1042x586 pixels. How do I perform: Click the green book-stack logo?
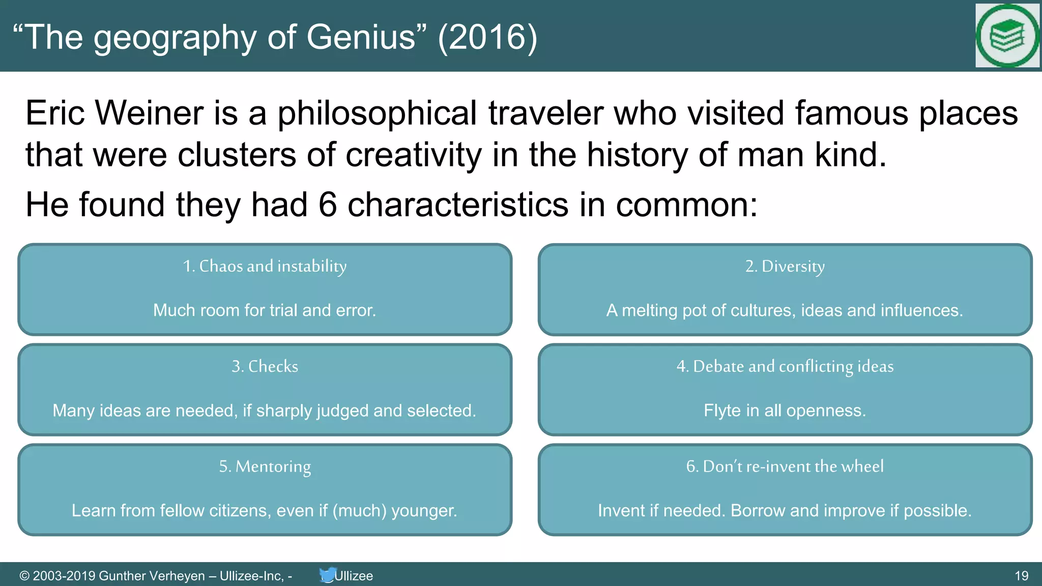pos(1006,36)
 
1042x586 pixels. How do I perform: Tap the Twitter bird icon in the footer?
pos(327,575)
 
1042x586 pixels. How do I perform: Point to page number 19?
pos(1021,576)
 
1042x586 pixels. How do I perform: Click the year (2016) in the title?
pos(487,37)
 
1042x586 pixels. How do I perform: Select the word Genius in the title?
pos(361,37)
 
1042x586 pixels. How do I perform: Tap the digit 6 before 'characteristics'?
pos(328,204)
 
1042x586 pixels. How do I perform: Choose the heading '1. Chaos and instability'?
pos(265,266)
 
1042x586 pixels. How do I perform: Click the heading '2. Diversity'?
pos(785,266)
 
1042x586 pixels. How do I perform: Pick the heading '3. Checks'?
pos(265,366)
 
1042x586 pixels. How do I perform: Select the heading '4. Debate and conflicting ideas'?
pos(785,366)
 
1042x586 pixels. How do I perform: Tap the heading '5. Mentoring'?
pos(265,466)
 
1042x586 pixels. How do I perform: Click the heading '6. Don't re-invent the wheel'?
pos(785,466)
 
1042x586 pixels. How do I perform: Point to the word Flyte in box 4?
pos(722,411)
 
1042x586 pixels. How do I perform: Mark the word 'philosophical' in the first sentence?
pos(377,113)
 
